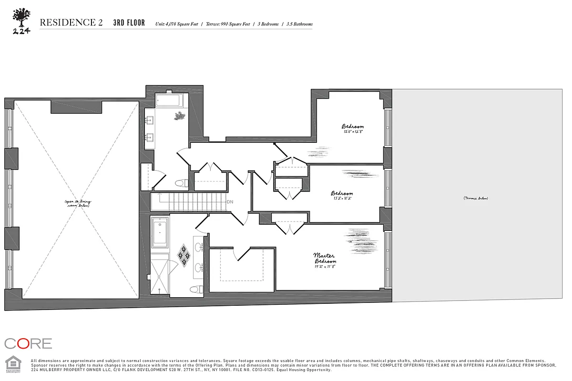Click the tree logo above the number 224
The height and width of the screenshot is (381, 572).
(21, 18)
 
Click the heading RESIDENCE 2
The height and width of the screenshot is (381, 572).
(71, 22)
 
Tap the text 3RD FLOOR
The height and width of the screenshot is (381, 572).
(129, 23)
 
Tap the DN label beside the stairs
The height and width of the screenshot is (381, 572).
(230, 202)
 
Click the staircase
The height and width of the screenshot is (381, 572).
(188, 202)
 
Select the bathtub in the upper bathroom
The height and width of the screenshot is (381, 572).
(169, 100)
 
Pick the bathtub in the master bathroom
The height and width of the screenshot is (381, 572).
(160, 233)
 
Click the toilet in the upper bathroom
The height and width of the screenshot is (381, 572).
(181, 183)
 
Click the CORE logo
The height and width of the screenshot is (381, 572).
(28, 343)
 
